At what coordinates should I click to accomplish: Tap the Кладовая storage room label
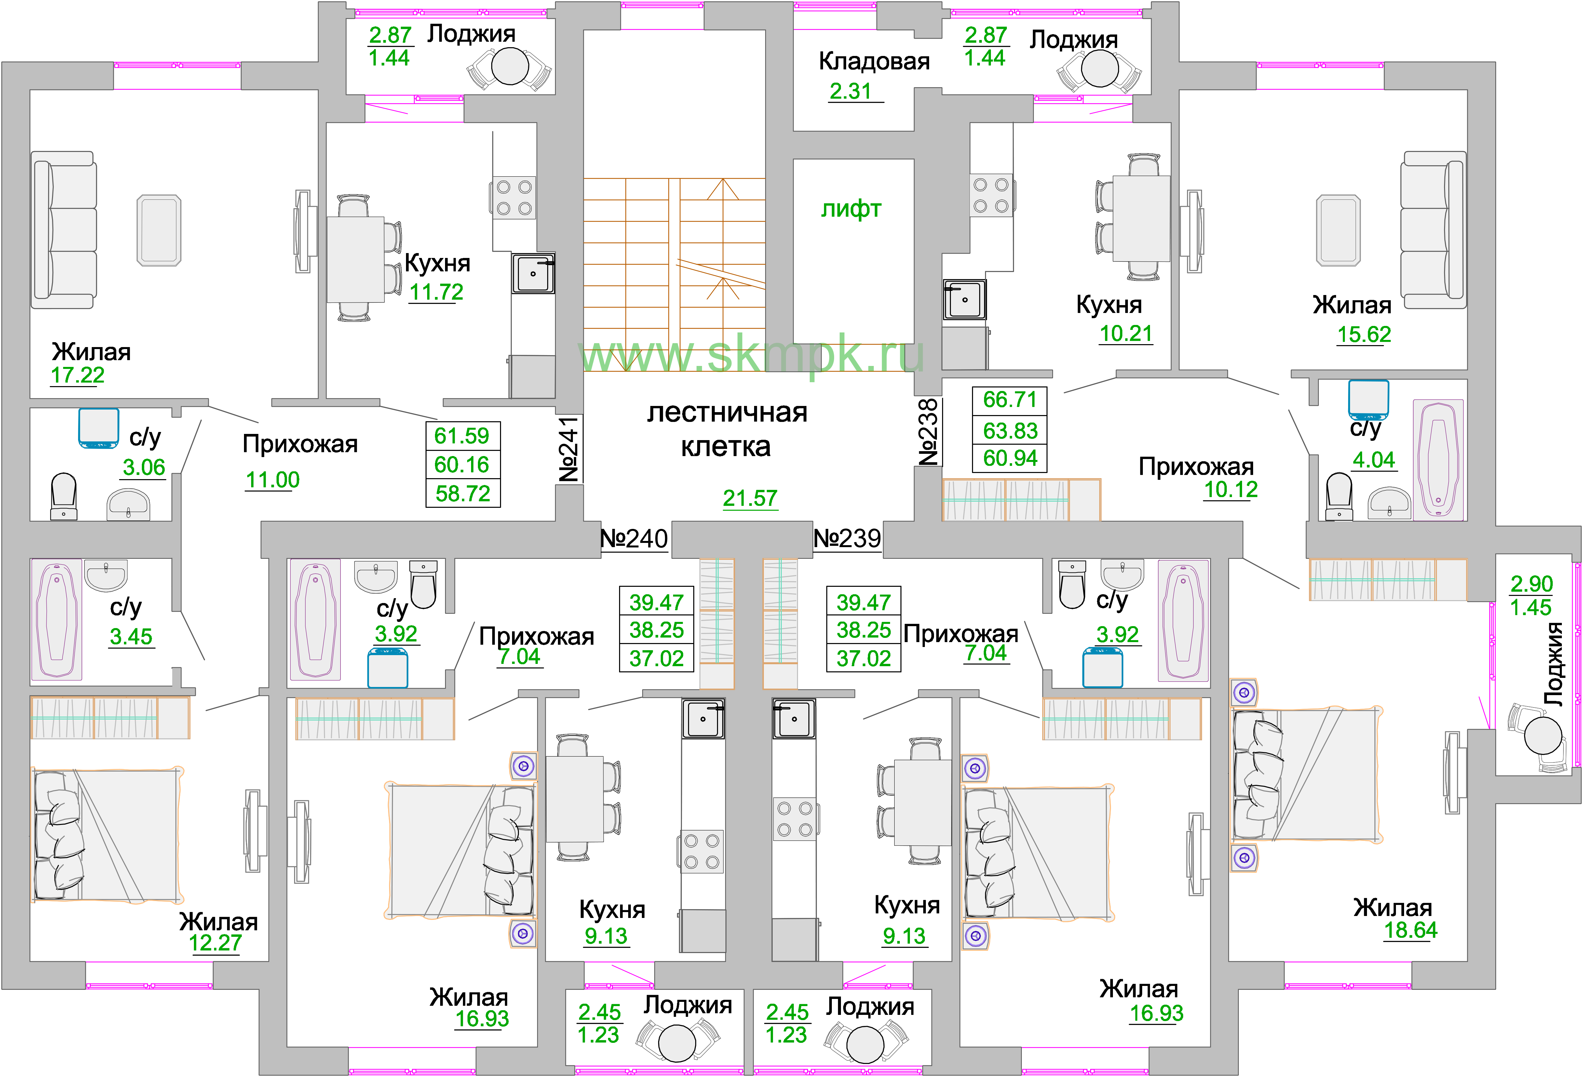tap(874, 61)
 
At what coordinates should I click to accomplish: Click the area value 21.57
tap(750, 498)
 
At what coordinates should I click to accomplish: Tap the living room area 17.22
tap(78, 375)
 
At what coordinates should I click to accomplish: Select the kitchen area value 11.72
tap(436, 291)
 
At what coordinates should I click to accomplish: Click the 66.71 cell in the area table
tap(1009, 400)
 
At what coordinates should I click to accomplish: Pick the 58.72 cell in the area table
tap(463, 493)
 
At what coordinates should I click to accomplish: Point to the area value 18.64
tap(1410, 930)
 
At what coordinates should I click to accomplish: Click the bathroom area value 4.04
tap(1373, 460)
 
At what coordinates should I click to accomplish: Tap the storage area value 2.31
tap(850, 91)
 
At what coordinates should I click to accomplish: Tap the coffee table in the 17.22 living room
tap(159, 230)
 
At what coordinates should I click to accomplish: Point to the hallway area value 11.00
tap(273, 479)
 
